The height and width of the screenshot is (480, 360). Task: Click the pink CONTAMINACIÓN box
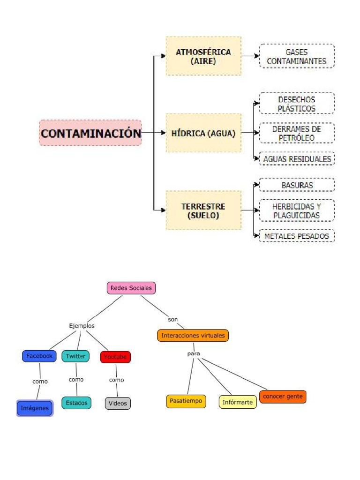pyautogui.click(x=90, y=133)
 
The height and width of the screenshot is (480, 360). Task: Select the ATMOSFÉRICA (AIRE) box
pyautogui.click(x=203, y=56)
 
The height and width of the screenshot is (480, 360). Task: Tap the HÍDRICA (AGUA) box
pyautogui.click(x=203, y=133)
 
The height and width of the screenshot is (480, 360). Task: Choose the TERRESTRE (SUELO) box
pyautogui.click(x=203, y=210)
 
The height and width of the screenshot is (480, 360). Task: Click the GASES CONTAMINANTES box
pyautogui.click(x=297, y=56)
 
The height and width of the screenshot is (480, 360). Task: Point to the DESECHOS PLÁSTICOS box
pyautogui.click(x=297, y=104)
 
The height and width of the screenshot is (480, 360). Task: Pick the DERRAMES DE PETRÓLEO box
pyautogui.click(x=297, y=133)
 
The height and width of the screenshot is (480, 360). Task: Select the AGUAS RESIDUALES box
pyautogui.click(x=297, y=159)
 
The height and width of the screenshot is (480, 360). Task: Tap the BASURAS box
pyautogui.click(x=297, y=185)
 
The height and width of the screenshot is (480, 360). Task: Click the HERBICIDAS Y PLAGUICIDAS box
pyautogui.click(x=297, y=210)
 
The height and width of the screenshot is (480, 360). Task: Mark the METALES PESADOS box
pyautogui.click(x=297, y=236)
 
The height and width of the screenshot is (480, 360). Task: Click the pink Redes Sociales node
pyautogui.click(x=131, y=288)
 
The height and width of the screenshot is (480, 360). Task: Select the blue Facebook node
pyautogui.click(x=39, y=356)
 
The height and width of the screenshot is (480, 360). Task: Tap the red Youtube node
pyautogui.click(x=115, y=357)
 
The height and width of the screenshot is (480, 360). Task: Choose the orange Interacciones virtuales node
pyautogui.click(x=193, y=336)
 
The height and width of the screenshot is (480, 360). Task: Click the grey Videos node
pyautogui.click(x=118, y=403)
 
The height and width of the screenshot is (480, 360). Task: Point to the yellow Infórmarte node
pyautogui.click(x=238, y=402)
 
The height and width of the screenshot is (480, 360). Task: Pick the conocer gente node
pyautogui.click(x=283, y=397)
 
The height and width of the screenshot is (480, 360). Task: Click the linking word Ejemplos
pyautogui.click(x=82, y=325)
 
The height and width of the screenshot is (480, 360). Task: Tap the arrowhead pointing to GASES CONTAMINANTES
pyautogui.click(x=256, y=56)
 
